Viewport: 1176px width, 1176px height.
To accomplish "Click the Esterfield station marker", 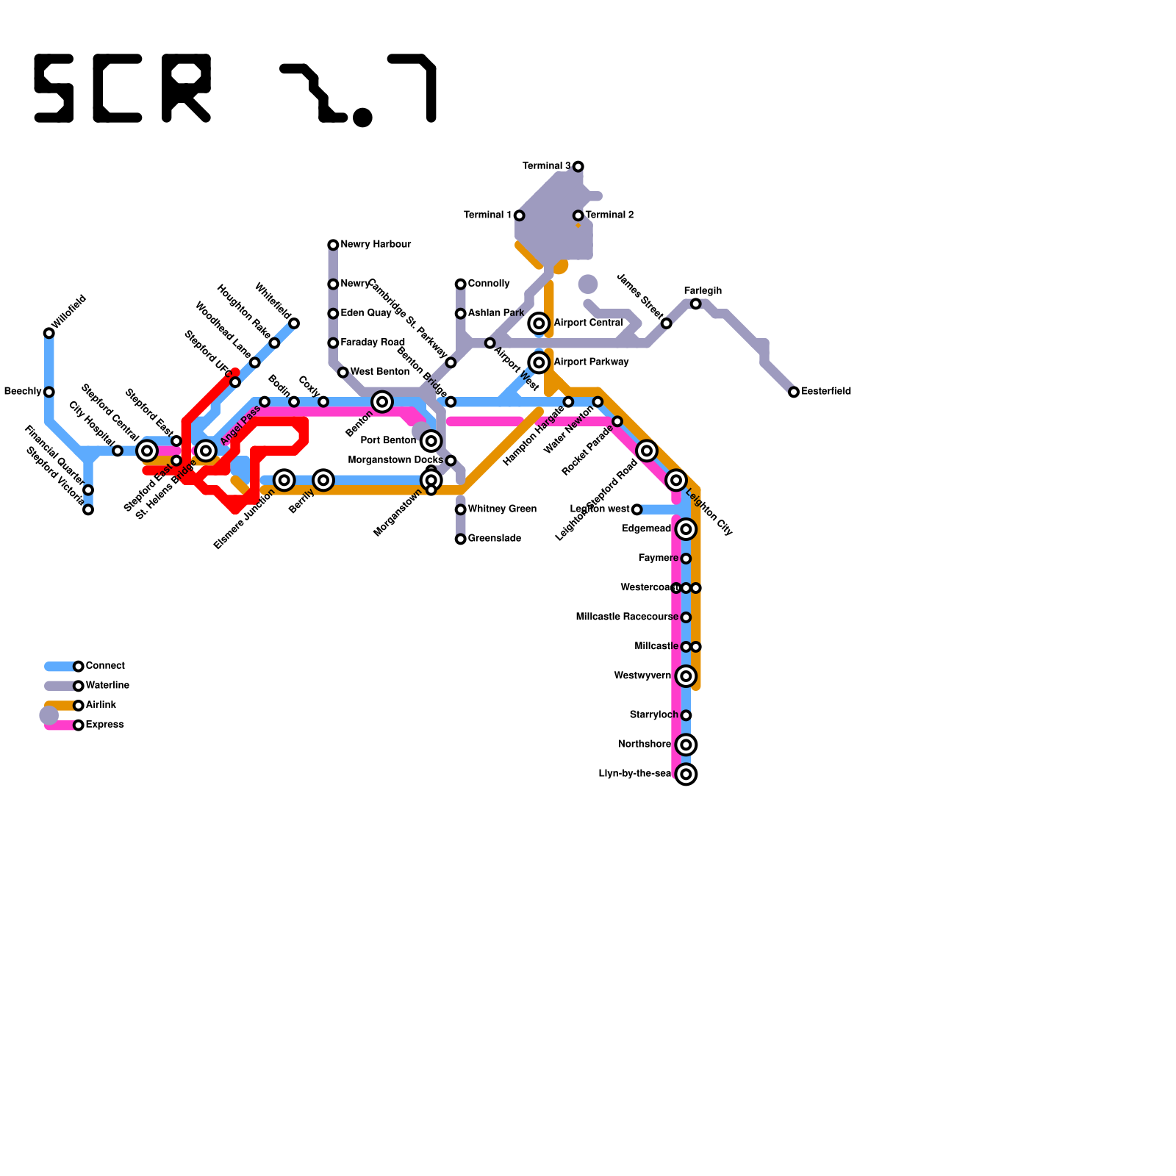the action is tap(794, 392).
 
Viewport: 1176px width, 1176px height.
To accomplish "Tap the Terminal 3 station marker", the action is tap(578, 167).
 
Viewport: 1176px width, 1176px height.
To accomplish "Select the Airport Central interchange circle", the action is tap(539, 323).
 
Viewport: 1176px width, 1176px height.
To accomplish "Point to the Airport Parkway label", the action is tap(591, 362).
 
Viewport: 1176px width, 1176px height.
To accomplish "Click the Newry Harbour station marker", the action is tap(333, 245).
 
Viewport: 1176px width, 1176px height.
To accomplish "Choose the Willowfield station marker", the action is tap(49, 334).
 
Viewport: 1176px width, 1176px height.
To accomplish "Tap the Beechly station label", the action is tap(22, 392).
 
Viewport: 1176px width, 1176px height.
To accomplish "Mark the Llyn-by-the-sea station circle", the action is tap(686, 775).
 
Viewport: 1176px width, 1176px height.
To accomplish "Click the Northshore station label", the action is tap(644, 745).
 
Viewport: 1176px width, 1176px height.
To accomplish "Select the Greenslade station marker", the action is tap(461, 539).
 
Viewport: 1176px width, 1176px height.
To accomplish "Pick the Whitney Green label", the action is tap(502, 509).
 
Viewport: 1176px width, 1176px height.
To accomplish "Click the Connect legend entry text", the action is tap(105, 666).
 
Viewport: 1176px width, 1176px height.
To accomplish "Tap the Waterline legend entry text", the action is tap(107, 686).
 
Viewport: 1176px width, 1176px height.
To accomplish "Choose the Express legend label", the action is tap(104, 725).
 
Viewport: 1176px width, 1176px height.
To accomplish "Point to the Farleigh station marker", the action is tap(696, 304).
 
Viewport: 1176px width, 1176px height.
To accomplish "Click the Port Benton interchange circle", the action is tap(431, 441).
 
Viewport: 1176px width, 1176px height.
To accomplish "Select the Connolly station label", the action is tap(489, 284).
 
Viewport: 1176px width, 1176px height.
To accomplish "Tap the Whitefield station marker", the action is tap(294, 324).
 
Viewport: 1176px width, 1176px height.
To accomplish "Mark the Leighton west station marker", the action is tap(637, 510).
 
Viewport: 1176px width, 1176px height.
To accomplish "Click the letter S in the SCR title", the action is tap(54, 88).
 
